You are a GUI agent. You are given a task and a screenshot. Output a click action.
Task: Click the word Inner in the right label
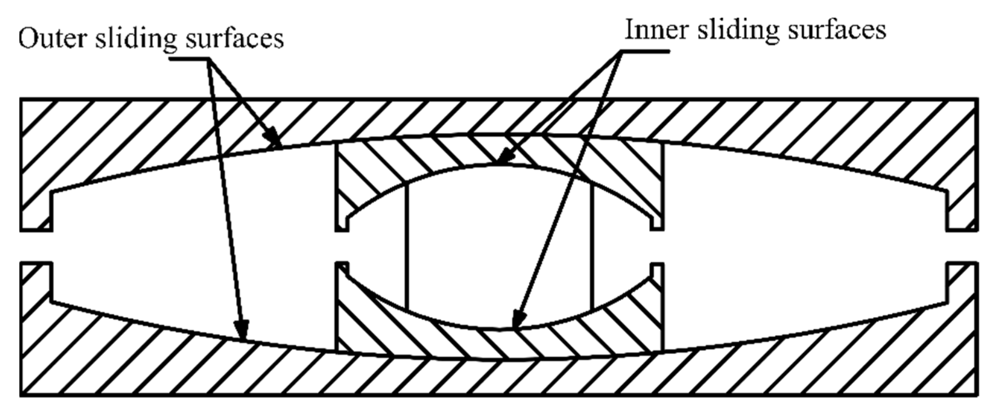(x=656, y=29)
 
